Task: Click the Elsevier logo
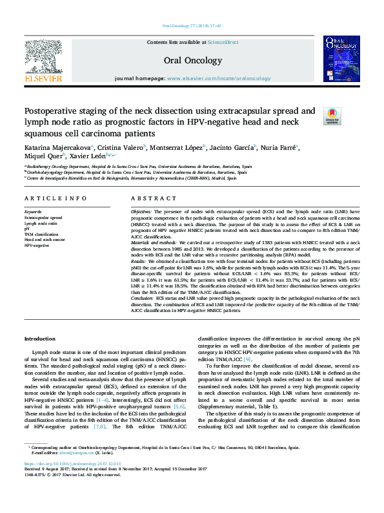(x=43, y=61)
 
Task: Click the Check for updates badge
(x=332, y=116)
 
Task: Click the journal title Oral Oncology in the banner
(x=192, y=60)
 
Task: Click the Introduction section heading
(x=39, y=339)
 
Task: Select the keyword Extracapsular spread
(x=43, y=218)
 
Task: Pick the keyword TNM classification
(x=41, y=234)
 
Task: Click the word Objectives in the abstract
(x=141, y=212)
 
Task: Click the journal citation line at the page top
(x=192, y=26)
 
